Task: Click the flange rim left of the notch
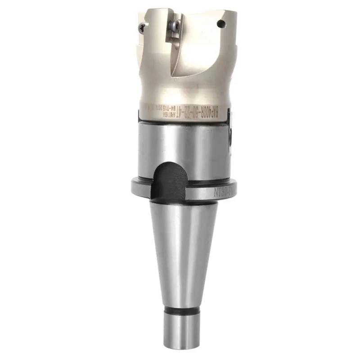point(139,185)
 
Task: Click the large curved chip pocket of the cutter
point(198,54)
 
